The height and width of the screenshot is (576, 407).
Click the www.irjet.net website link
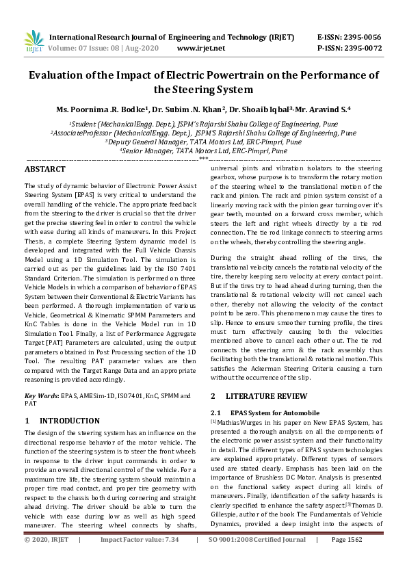200,48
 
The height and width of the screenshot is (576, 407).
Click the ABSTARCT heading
45,169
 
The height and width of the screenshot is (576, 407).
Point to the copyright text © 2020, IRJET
47,558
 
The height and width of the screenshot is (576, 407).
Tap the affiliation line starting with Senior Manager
203,150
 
